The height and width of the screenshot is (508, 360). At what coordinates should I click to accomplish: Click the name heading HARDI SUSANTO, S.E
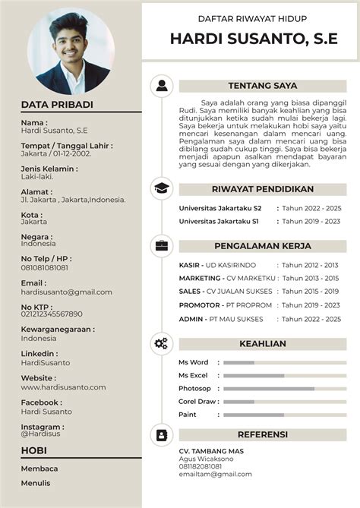pyautogui.click(x=248, y=39)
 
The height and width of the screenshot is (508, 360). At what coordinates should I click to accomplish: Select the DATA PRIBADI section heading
pyautogui.click(x=57, y=105)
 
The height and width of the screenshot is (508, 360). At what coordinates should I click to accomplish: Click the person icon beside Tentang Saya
pyautogui.click(x=161, y=86)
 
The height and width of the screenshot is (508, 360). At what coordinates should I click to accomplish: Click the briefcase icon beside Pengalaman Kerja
pyautogui.click(x=161, y=245)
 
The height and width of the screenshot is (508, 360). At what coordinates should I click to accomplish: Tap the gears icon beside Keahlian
pyautogui.click(x=161, y=343)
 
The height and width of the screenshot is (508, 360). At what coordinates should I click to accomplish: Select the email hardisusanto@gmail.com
pyautogui.click(x=67, y=292)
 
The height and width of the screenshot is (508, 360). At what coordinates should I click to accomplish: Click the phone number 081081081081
pyautogui.click(x=45, y=267)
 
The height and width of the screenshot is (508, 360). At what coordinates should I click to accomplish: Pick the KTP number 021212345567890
pyautogui.click(x=52, y=314)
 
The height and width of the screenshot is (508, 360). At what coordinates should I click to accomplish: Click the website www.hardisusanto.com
pyautogui.click(x=63, y=387)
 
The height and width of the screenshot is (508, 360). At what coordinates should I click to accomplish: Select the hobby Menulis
pyautogui.click(x=36, y=483)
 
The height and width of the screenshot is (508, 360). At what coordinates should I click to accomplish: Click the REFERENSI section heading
pyautogui.click(x=262, y=434)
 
